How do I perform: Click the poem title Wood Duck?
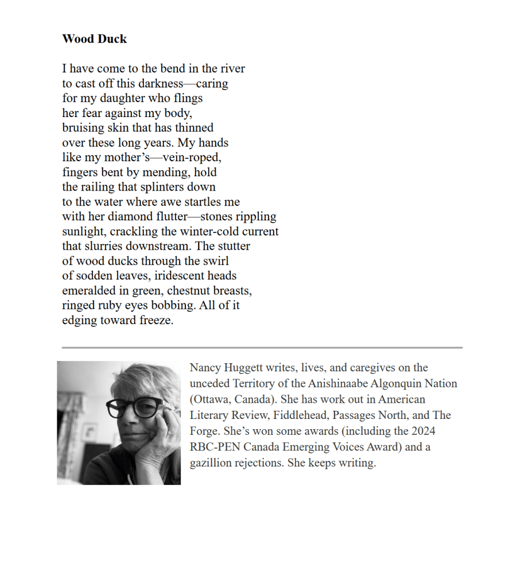coord(94,39)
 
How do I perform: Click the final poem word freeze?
coord(156,320)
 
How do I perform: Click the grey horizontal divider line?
coord(262,348)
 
